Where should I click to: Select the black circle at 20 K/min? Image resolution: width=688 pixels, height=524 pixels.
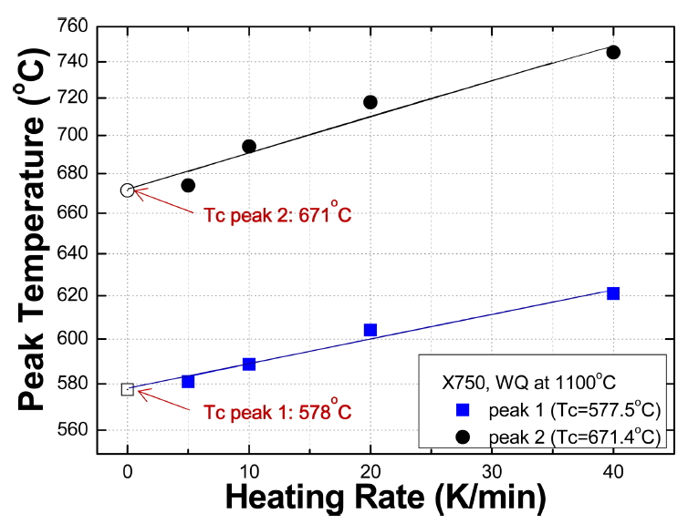tap(370, 102)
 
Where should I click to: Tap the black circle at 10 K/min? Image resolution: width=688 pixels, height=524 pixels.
tap(249, 146)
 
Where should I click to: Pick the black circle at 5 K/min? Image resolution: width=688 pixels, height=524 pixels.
tap(188, 185)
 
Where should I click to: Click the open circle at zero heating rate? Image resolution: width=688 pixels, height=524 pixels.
tap(128, 190)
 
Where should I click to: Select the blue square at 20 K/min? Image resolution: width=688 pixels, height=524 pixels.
tap(370, 330)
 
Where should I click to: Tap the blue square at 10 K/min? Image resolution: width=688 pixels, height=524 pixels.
tap(249, 364)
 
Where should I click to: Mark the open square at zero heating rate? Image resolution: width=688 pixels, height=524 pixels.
tap(128, 389)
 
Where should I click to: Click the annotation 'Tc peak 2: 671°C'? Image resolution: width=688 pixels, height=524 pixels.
tap(277, 217)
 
